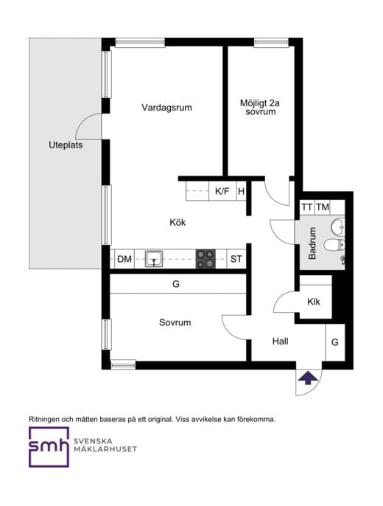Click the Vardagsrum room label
[166, 108]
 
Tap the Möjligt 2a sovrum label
[260, 108]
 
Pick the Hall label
[280, 342]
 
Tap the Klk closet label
[314, 302]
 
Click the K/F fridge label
[222, 192]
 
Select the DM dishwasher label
[124, 259]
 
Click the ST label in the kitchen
[236, 259]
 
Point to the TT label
[307, 207]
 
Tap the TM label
[323, 207]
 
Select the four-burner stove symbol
[205, 258]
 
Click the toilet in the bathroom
[334, 245]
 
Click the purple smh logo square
[49, 447]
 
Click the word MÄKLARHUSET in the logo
[105, 448]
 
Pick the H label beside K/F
[241, 192]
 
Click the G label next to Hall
[334, 342]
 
